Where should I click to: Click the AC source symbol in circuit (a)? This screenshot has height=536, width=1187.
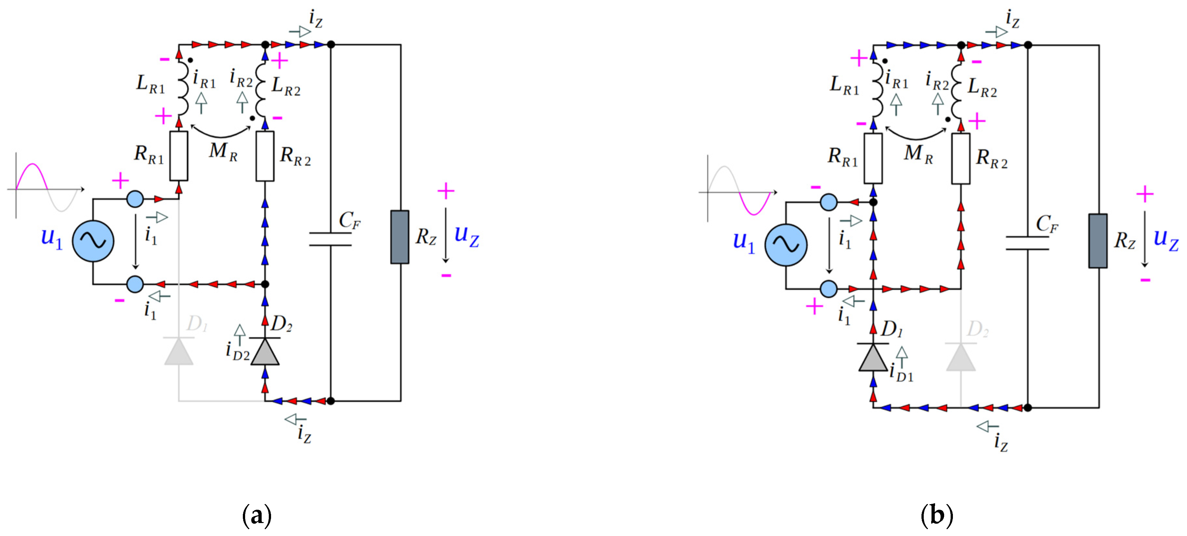[x=94, y=241]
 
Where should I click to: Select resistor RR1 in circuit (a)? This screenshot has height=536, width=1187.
[x=179, y=156]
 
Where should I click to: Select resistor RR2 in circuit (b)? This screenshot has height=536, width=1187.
[x=961, y=159]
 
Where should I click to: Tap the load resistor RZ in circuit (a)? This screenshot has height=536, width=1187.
[x=399, y=237]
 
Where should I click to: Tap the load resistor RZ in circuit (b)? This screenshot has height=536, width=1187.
[x=1098, y=241]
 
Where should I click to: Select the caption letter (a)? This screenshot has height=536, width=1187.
[x=257, y=515]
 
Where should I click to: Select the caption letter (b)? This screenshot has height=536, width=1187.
[x=936, y=515]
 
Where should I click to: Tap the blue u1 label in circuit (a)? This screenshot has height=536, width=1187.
[x=52, y=237]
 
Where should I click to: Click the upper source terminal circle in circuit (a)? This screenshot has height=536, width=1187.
[x=135, y=199]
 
